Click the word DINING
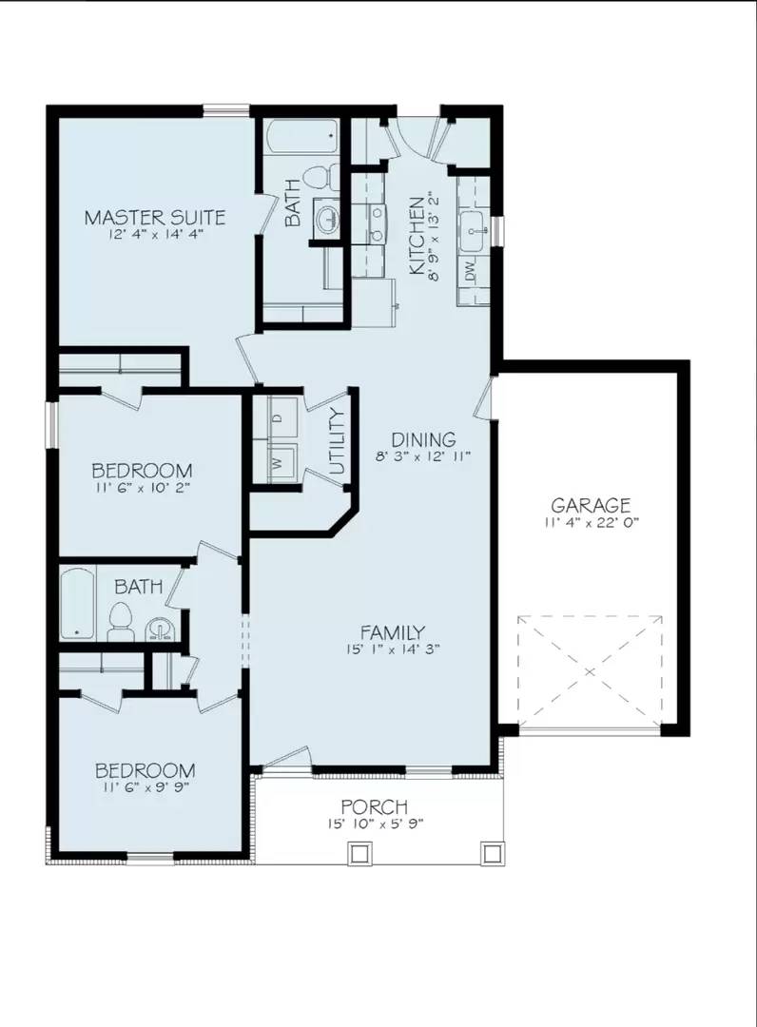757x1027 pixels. point(424,439)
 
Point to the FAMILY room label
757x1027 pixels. point(392,632)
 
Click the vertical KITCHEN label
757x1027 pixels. point(417,238)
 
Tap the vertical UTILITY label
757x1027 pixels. point(336,440)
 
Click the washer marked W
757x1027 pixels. point(277,462)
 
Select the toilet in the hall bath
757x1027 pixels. point(121,619)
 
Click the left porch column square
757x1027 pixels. point(359,853)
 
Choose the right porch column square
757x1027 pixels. point(491,853)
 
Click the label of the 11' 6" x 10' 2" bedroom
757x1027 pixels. point(143,470)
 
